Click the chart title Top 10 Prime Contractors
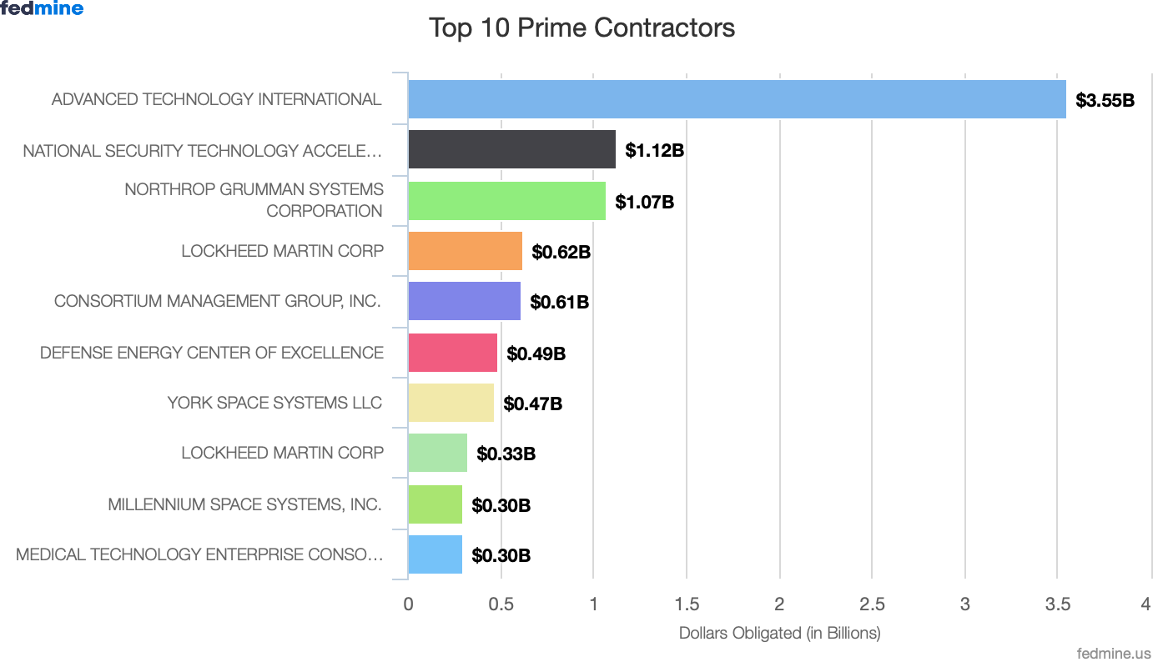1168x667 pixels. [x=581, y=28]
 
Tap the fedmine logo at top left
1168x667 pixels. [x=42, y=8]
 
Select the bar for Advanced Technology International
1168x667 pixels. [x=737, y=99]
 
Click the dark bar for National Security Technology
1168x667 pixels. [x=511, y=150]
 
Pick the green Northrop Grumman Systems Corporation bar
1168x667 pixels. [x=506, y=201]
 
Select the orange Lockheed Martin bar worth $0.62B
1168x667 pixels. [x=465, y=251]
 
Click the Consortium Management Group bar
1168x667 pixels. [x=464, y=301]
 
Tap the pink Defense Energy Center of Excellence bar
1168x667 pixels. [x=452, y=353]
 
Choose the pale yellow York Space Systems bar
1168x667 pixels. [x=451, y=403]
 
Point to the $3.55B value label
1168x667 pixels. [x=1105, y=101]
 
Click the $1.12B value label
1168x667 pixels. [x=655, y=151]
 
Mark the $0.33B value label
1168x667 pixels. [x=506, y=454]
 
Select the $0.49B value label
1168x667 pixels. [x=536, y=354]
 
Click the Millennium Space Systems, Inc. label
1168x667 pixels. [x=244, y=504]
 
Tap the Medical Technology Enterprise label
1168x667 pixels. [x=199, y=554]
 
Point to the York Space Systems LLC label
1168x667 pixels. [x=274, y=403]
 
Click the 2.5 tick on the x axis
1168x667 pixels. [x=872, y=604]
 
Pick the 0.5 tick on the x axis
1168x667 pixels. [x=501, y=604]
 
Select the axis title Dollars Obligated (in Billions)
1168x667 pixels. [x=779, y=633]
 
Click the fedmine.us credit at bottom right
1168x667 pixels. [x=1114, y=654]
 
